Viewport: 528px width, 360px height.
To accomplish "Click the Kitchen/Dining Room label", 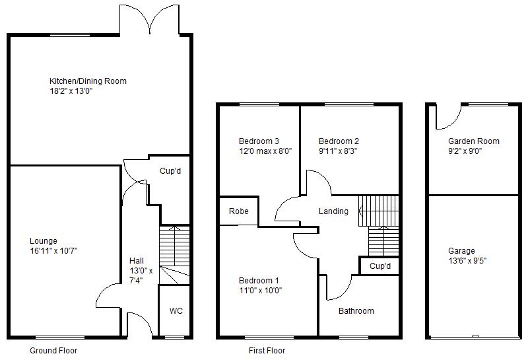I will point(88,81).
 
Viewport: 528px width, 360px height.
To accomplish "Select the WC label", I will point(176,310).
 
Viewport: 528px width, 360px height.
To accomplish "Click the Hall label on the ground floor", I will point(137,261).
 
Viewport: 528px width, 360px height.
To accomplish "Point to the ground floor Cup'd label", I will point(170,170).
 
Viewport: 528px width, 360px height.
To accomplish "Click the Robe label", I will point(238,212).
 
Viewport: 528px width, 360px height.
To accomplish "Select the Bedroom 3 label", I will point(259,141).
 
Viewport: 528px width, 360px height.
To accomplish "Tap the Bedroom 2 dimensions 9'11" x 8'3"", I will point(338,151).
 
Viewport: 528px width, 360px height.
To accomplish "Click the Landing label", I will point(333,211).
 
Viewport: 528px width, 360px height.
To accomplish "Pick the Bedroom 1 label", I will point(259,280).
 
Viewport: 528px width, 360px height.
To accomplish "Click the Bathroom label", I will point(356,311).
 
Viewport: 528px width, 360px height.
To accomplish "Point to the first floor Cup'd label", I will point(380,266).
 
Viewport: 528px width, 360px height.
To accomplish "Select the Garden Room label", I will point(473,141).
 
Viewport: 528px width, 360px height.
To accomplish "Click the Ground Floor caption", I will point(54,351).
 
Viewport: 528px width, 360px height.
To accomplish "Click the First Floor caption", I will point(267,351).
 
